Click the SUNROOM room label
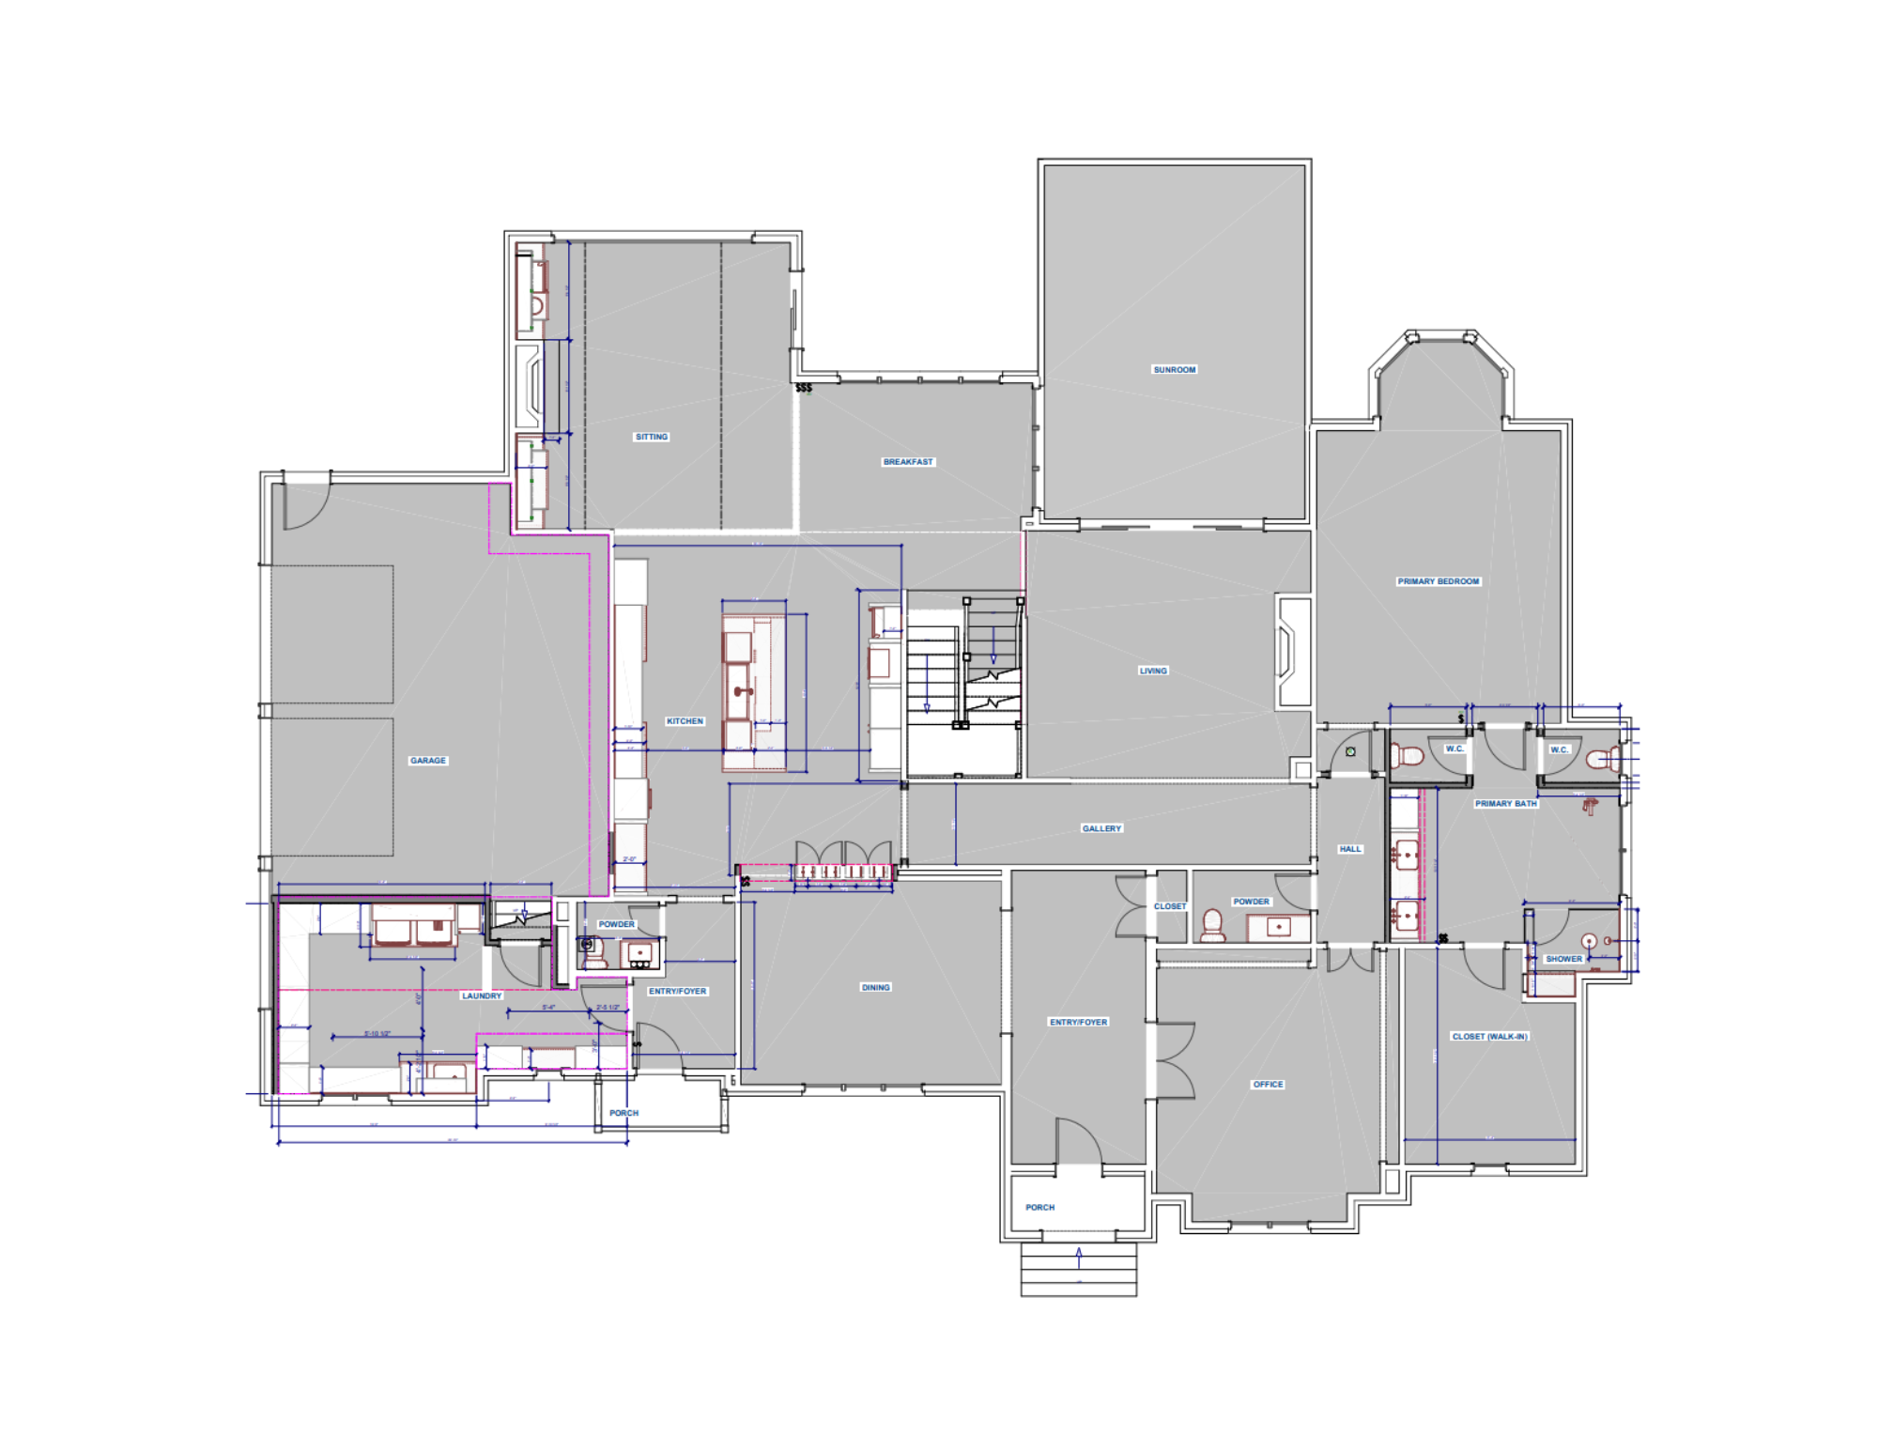tap(1174, 370)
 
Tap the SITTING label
tap(652, 437)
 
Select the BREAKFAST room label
tap(908, 462)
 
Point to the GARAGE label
tap(428, 761)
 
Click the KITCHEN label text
tap(685, 721)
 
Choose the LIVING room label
tap(1153, 671)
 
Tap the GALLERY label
tap(1101, 828)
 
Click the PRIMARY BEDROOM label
tap(1438, 581)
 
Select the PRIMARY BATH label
tap(1505, 804)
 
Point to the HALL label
tap(1350, 849)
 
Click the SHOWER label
tap(1563, 959)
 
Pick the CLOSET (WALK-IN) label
tap(1489, 1037)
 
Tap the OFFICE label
tap(1268, 1085)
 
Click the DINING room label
tap(875, 988)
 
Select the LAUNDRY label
tap(482, 996)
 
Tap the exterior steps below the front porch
tap(1079, 1270)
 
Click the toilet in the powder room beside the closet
tap(1213, 924)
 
